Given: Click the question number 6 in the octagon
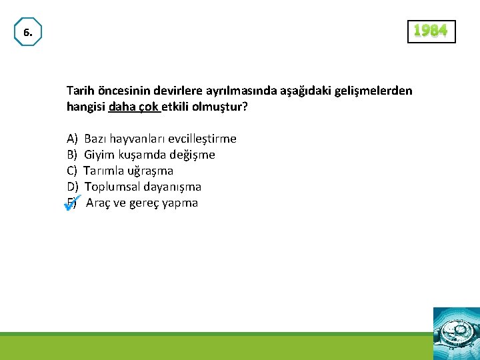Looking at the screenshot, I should pos(27,32).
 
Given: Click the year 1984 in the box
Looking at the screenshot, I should pos(431,31).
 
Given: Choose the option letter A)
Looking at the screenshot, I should pos(72,139).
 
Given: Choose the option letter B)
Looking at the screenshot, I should pos(72,155).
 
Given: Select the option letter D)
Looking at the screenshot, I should pos(73,187).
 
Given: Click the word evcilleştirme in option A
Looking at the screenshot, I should pos(202,139).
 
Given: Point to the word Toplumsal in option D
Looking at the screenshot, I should pos(111,187).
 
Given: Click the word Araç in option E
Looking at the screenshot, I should pos(99,203).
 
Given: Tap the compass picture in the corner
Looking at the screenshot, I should pos(456,333).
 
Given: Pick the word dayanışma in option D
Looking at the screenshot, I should pos(171,187).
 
